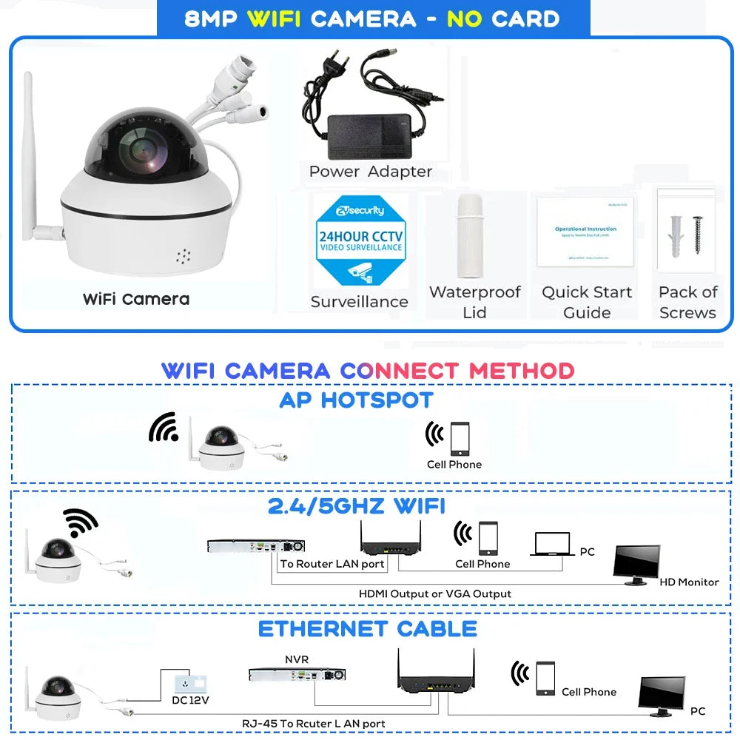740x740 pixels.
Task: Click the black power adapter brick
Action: pos(369,136)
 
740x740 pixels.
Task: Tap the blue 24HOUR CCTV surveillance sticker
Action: pos(360,240)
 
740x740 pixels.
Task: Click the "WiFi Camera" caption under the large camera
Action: pos(135,299)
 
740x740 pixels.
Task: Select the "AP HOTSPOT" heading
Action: pos(356,400)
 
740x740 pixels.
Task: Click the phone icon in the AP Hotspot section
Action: pos(460,438)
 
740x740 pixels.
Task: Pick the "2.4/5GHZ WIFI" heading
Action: pos(357,506)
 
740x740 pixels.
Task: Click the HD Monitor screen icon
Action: pos(636,564)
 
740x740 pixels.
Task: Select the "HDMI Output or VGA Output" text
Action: pos(435,593)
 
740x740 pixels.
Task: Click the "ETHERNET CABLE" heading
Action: pos(368,629)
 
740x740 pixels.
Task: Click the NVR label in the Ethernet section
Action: pos(297,659)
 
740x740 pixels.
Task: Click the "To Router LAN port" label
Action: pos(332,564)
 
